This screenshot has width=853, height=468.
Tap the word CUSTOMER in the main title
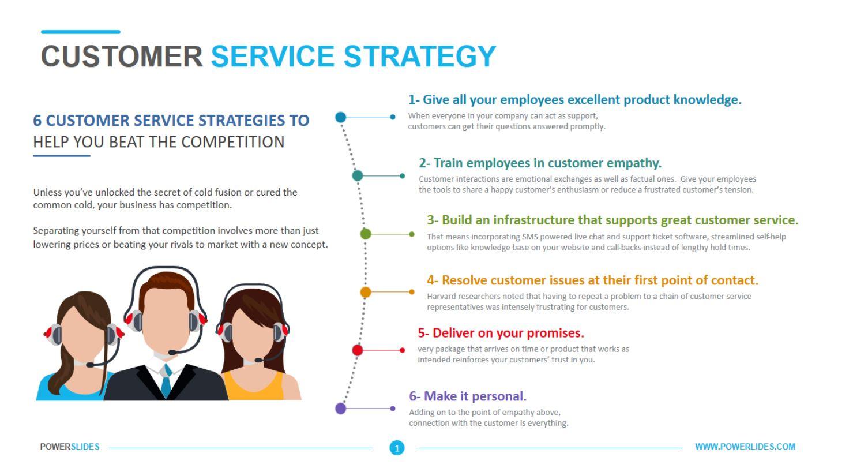tap(122, 56)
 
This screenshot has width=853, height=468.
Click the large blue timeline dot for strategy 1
tap(341, 117)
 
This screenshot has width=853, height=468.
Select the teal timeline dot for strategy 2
tap(358, 175)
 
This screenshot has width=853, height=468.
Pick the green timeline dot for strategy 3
tap(365, 234)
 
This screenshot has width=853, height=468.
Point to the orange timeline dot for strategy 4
tap(366, 292)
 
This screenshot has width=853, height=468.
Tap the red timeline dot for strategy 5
tap(358, 350)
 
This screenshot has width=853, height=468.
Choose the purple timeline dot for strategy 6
tap(341, 408)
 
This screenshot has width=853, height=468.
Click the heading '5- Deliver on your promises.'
tap(501, 333)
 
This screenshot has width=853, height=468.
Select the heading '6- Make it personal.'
tap(468, 396)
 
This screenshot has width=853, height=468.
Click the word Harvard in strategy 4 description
tap(441, 297)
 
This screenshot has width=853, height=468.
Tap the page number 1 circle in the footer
tap(397, 447)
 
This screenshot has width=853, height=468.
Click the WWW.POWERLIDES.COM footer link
tap(746, 447)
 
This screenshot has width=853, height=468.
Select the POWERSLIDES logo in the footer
tap(69, 447)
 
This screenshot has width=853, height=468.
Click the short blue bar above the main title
tap(80, 32)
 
